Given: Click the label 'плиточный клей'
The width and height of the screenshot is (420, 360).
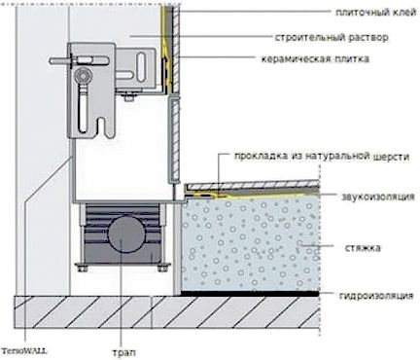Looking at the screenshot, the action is (x=376, y=13).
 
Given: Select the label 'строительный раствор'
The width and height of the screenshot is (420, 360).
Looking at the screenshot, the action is (x=332, y=37).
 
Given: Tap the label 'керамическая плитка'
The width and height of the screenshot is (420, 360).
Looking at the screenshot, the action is (x=315, y=59).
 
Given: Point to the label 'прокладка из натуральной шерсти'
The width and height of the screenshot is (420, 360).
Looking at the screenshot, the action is (x=322, y=157).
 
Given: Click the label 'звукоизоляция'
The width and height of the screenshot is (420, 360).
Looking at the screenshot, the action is (x=378, y=197).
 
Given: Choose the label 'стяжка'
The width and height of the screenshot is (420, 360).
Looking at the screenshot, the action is (x=363, y=248).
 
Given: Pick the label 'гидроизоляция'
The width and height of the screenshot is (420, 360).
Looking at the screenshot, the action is (x=376, y=296).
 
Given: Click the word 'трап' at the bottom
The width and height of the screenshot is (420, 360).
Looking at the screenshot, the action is (x=123, y=352).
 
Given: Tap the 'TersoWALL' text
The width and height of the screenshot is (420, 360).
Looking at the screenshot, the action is (x=24, y=351).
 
